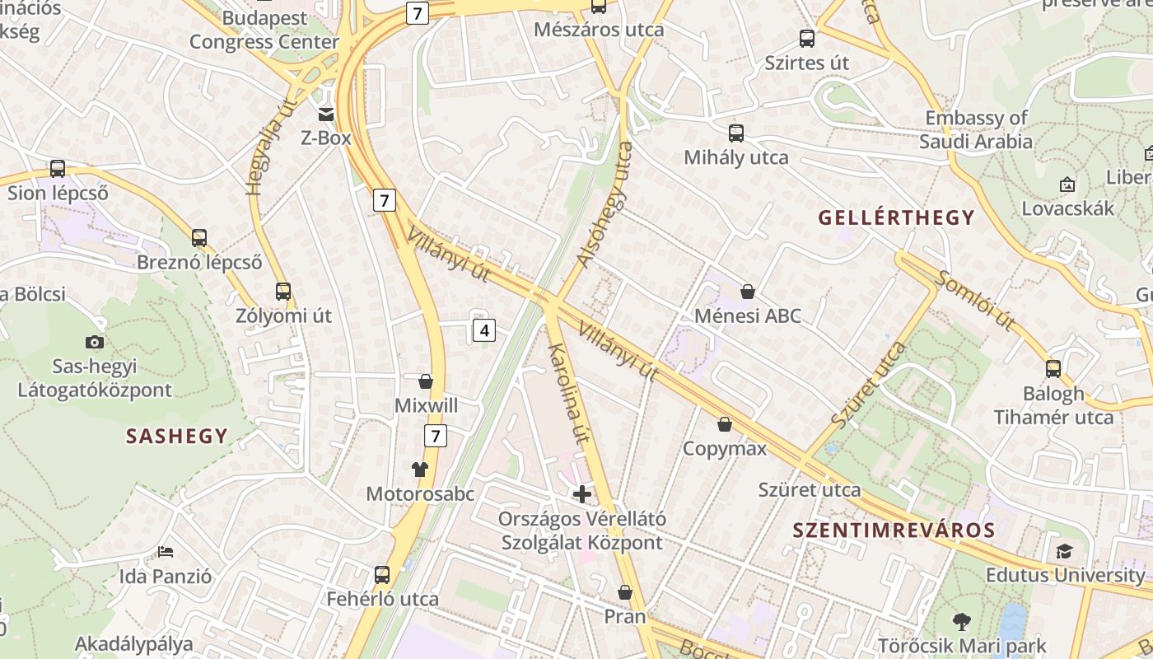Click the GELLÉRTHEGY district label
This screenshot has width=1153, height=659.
[x=896, y=218]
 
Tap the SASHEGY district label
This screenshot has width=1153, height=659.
[x=176, y=437]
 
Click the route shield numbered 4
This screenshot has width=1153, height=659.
[x=484, y=331]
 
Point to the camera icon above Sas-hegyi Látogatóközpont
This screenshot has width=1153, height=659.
[x=95, y=342]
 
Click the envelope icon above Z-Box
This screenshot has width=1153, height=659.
[x=326, y=115]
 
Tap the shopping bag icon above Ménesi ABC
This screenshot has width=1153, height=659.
[x=748, y=292]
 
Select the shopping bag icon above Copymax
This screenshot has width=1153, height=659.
[x=725, y=424]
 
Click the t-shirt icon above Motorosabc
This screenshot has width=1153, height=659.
[x=420, y=470]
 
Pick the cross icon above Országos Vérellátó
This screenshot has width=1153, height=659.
[x=582, y=494]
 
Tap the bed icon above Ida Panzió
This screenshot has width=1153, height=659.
[x=166, y=551]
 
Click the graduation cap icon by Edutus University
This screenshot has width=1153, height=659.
[x=1065, y=551]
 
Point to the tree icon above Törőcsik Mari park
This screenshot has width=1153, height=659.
[x=961, y=621]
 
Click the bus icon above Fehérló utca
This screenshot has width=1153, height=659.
[x=382, y=574]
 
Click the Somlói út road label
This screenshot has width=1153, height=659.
[x=974, y=300]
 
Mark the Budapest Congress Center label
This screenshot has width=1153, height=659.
[x=264, y=30]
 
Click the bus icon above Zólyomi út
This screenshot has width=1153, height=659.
[x=283, y=292]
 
